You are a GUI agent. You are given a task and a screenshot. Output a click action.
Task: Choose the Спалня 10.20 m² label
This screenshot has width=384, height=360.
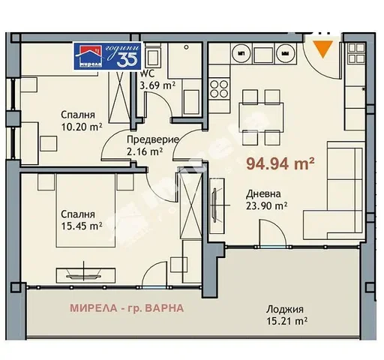(82, 121)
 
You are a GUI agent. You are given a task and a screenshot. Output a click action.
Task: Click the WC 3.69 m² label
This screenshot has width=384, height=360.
(157, 80)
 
